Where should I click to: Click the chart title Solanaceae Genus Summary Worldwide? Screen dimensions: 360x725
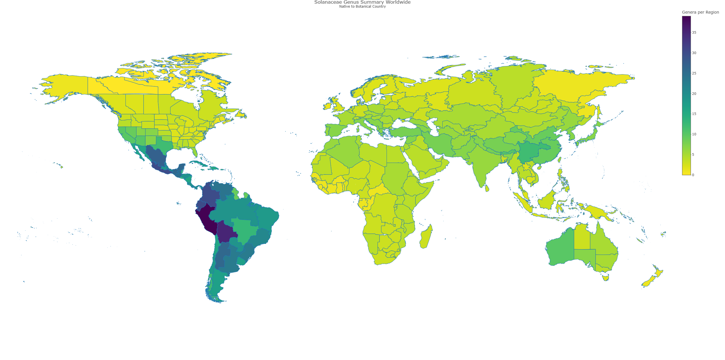click(362, 2)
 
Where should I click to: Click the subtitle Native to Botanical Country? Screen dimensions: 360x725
click(362, 7)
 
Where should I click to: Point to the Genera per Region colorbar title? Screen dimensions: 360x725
click(700, 12)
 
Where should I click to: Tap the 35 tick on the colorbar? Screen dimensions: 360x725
click(694, 33)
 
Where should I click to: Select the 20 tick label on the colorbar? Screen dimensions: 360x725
click(694, 94)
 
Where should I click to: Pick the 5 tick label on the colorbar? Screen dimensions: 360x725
click(693, 155)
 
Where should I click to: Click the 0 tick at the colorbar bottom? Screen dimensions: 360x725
click(693, 175)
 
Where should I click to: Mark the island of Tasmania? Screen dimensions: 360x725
click(606, 278)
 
